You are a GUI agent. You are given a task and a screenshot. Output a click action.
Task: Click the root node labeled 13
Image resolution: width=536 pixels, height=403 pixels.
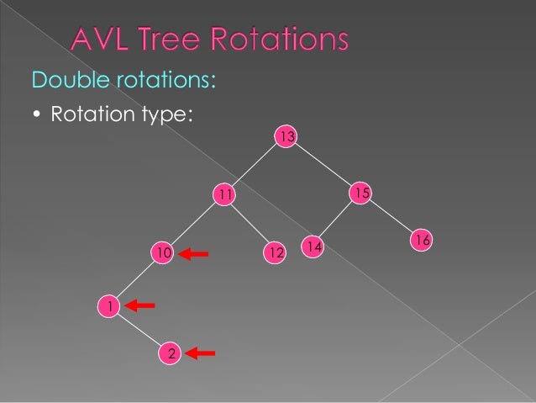tap(286, 135)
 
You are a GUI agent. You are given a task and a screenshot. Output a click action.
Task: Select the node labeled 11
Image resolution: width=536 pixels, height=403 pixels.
tap(223, 195)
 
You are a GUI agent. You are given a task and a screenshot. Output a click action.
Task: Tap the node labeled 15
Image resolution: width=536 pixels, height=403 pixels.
tap(360, 194)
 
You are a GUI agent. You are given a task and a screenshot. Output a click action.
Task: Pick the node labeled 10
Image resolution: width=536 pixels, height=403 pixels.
tap(163, 252)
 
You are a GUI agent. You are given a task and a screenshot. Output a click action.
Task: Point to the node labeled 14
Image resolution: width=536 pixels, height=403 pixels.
tap(313, 247)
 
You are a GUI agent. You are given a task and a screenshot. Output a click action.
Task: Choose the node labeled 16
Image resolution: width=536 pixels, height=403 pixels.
tap(422, 241)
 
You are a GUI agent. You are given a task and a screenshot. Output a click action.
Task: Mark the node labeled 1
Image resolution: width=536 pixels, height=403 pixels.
tap(108, 306)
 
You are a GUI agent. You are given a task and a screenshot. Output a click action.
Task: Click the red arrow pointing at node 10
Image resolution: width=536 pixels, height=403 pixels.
tap(195, 252)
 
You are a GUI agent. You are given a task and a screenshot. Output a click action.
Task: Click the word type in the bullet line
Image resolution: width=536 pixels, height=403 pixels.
tap(167, 114)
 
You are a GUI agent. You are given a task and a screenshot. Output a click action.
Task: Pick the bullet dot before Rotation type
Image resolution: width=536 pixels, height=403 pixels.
tap(38, 114)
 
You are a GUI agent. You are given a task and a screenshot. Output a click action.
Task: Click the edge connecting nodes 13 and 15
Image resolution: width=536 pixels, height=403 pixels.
tap(323, 165)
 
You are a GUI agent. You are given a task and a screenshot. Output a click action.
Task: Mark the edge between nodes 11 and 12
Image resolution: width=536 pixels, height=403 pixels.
tap(250, 224)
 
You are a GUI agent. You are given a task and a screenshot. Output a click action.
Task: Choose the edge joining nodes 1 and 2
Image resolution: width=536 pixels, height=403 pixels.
tap(139, 330)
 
